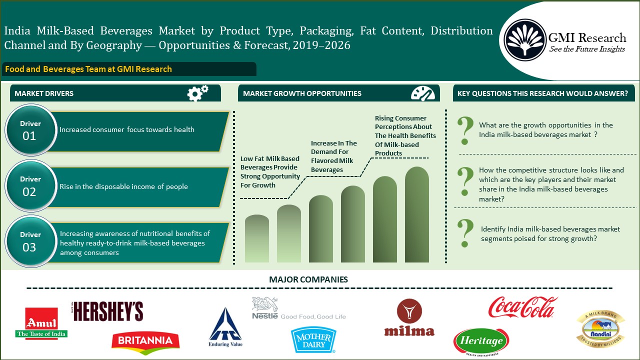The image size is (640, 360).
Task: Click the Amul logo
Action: (41, 323)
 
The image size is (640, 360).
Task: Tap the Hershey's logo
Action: (107, 311)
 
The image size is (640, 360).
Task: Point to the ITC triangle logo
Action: (225, 327)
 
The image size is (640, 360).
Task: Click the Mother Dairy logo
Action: (313, 340)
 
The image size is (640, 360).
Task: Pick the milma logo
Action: (409, 317)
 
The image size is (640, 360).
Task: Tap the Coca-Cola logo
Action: (523, 307)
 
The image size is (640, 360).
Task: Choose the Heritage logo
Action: (481, 341)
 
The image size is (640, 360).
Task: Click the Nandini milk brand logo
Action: (600, 328)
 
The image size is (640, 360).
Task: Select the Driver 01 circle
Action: (30, 130)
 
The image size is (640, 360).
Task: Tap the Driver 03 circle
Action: (30, 241)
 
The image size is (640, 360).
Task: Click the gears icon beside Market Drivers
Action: (197, 93)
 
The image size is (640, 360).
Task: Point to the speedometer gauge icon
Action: (423, 93)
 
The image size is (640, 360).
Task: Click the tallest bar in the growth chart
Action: (417, 214)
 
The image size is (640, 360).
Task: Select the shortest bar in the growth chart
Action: (257, 238)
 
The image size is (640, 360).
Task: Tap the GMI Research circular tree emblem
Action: (525, 39)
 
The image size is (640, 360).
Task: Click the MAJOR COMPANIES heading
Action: (308, 279)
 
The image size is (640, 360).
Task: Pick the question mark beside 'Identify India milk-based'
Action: (465, 233)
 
